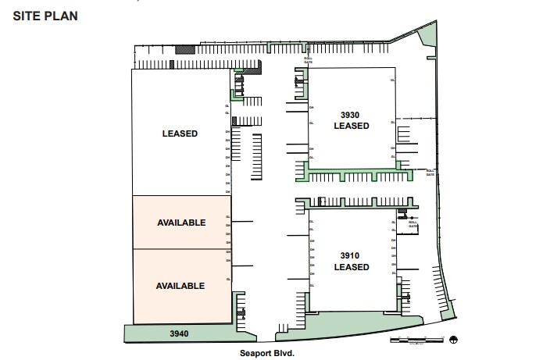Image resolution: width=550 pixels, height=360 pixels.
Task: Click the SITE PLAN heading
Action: [x=45, y=16]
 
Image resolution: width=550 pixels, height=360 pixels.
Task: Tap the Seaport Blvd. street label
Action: [x=268, y=353]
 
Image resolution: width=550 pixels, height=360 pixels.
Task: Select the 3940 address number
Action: [x=180, y=333]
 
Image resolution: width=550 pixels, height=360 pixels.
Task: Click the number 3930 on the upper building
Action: [x=351, y=114]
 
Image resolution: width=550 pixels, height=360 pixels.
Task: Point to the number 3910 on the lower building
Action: [x=351, y=255]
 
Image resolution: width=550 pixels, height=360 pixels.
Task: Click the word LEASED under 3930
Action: [x=351, y=126]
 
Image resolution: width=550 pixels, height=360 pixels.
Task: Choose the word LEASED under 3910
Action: [x=351, y=267]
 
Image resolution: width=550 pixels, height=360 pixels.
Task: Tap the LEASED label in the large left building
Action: [x=180, y=134]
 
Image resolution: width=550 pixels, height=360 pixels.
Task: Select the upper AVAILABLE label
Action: [x=180, y=223]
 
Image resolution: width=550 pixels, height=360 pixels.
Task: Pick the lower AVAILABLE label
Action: [x=180, y=286]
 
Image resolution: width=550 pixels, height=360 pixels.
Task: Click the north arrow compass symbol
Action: [x=454, y=339]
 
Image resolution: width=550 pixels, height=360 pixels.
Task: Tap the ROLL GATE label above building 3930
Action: [x=309, y=59]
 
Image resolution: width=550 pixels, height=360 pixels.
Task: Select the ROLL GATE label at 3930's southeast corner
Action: [x=429, y=173]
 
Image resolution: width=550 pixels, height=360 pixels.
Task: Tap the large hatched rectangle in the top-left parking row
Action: [x=183, y=48]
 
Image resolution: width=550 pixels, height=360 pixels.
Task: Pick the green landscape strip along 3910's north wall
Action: [x=352, y=203]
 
